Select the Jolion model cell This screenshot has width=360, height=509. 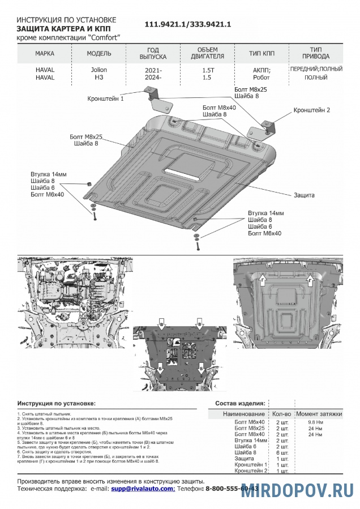tap(98, 70)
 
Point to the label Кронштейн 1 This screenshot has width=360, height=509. tap(105, 99)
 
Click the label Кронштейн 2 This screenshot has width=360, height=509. tap(311, 110)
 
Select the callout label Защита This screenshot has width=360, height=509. tap(304, 195)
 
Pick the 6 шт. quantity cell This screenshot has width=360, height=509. tap(281, 452)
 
